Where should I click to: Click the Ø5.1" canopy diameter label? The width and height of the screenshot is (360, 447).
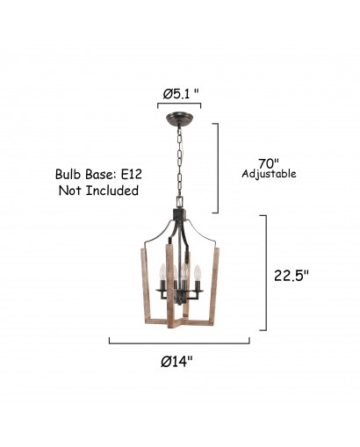pos(181,94)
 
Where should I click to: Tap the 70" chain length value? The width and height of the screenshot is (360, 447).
pos(269,162)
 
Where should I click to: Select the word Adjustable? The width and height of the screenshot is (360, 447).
pos(269,174)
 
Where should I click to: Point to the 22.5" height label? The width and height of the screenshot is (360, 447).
pos(292,276)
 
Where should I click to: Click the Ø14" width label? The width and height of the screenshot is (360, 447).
pos(177,362)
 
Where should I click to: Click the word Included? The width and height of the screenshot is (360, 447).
pos(112,191)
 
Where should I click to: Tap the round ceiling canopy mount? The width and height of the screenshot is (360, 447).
pos(179,119)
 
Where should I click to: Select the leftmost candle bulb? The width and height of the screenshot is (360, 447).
pos(162,271)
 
